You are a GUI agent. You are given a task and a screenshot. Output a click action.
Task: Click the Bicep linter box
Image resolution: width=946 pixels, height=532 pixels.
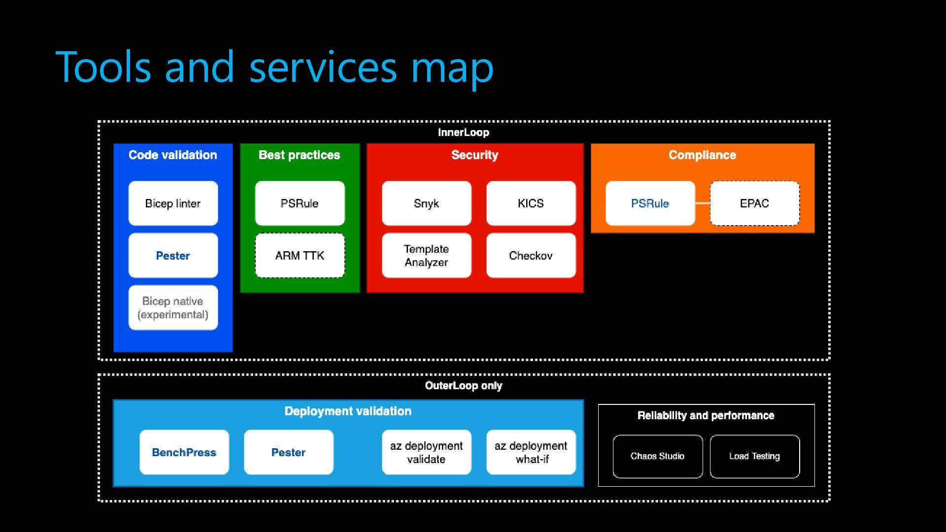173,203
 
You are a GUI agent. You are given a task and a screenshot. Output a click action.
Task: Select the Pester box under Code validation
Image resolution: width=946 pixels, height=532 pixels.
173,256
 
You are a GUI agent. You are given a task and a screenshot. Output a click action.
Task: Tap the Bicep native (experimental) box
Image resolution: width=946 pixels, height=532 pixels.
173,308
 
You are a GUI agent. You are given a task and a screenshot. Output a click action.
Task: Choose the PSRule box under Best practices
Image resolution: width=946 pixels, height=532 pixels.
300,203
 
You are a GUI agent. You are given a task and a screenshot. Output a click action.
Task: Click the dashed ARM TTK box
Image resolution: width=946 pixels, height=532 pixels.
300,256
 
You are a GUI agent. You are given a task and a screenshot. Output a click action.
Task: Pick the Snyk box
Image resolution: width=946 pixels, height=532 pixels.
426,203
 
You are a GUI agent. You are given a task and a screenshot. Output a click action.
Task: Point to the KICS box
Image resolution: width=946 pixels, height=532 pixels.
531,203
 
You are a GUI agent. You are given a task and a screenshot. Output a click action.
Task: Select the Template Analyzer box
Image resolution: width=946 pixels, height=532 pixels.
426,256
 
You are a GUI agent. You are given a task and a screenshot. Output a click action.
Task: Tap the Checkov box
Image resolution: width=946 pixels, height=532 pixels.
531,256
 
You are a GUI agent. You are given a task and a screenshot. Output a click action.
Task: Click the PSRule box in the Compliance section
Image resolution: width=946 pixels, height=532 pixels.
650,203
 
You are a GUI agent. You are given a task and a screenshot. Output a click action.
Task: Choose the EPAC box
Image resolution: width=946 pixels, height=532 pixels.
754,203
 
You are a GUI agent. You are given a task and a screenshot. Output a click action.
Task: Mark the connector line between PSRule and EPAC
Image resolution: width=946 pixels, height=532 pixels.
703,203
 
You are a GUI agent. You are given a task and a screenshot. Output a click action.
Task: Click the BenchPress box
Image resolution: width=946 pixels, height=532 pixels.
184,452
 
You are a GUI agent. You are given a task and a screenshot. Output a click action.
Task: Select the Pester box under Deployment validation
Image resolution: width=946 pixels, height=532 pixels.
288,452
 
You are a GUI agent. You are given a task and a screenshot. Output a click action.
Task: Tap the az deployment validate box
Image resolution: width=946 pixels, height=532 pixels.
426,452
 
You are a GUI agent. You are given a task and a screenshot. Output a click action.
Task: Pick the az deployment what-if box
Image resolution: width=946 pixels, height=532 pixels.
531,452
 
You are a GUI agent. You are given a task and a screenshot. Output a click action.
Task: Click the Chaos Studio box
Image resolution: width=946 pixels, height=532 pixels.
658,457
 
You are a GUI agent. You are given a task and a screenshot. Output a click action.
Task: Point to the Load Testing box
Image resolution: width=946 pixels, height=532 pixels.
754,457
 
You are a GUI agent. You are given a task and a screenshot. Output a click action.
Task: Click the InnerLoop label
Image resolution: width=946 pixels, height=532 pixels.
464,133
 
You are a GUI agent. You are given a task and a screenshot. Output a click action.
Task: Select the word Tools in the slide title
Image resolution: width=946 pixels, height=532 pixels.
103,66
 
